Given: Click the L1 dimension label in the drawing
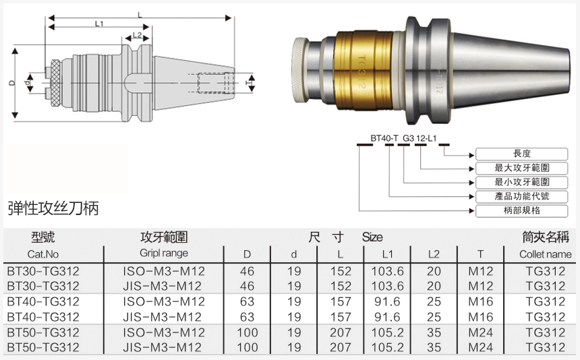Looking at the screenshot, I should (x=99, y=23).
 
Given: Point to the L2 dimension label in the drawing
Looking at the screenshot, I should (x=138, y=35).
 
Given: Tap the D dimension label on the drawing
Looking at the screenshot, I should (x=11, y=83).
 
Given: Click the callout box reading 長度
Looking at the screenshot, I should (x=522, y=154).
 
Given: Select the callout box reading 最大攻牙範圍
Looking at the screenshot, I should (x=522, y=168).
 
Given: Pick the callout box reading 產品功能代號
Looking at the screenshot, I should (x=522, y=196).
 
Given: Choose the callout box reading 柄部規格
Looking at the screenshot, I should (x=522, y=210).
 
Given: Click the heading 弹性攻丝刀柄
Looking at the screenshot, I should (x=54, y=208).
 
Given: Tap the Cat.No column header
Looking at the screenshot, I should (x=44, y=254).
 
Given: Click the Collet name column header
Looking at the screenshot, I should (x=545, y=254).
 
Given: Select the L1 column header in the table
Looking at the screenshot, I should (x=386, y=254).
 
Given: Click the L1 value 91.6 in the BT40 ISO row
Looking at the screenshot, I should (x=386, y=301).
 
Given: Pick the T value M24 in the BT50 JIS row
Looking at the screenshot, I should (x=480, y=348).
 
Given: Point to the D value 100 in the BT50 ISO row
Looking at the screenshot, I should (x=248, y=332).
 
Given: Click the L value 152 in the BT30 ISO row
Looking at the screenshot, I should (x=341, y=271).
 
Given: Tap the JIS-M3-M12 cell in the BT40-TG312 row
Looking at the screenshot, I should (x=163, y=317).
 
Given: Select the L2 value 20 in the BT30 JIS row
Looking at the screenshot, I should (x=434, y=286).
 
